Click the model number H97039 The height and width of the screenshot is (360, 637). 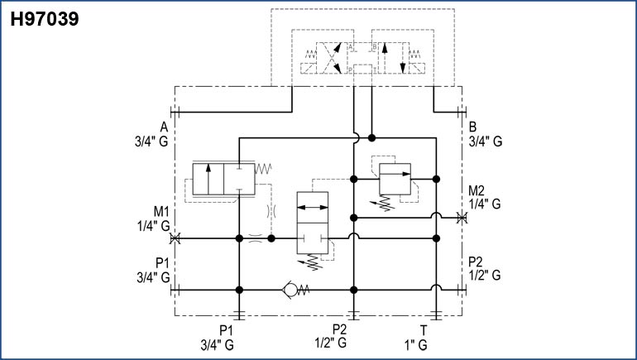point(45,18)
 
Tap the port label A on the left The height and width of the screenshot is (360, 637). point(165,127)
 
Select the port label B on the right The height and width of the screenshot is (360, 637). point(472,127)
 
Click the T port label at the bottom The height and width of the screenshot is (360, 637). point(424,329)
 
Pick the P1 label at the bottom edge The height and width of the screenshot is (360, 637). point(225,329)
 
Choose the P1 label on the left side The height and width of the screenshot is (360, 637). point(160,262)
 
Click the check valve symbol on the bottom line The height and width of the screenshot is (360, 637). point(290,290)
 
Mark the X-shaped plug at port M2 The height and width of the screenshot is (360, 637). point(461,218)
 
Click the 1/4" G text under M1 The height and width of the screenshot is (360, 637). point(154,225)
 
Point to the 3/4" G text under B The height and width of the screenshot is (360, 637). point(486,142)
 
